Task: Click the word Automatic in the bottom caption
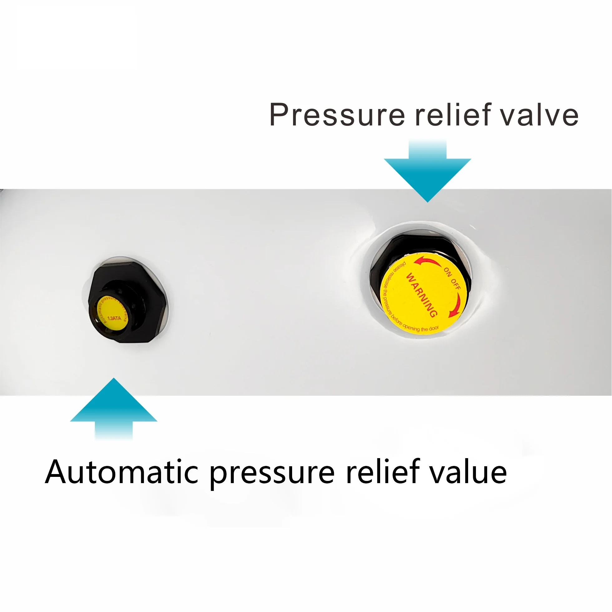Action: tap(122, 472)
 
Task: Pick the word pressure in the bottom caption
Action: tap(272, 474)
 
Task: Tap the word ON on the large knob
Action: tap(447, 272)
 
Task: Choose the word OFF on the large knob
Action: tap(456, 284)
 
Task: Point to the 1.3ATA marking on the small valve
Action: tap(114, 318)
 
